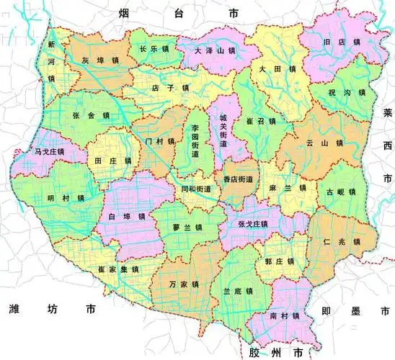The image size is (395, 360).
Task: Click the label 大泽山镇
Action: (216, 52)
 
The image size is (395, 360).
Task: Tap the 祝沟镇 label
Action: (344, 93)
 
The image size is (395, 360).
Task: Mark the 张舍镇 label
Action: (91, 115)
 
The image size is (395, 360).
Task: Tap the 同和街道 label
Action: (196, 189)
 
